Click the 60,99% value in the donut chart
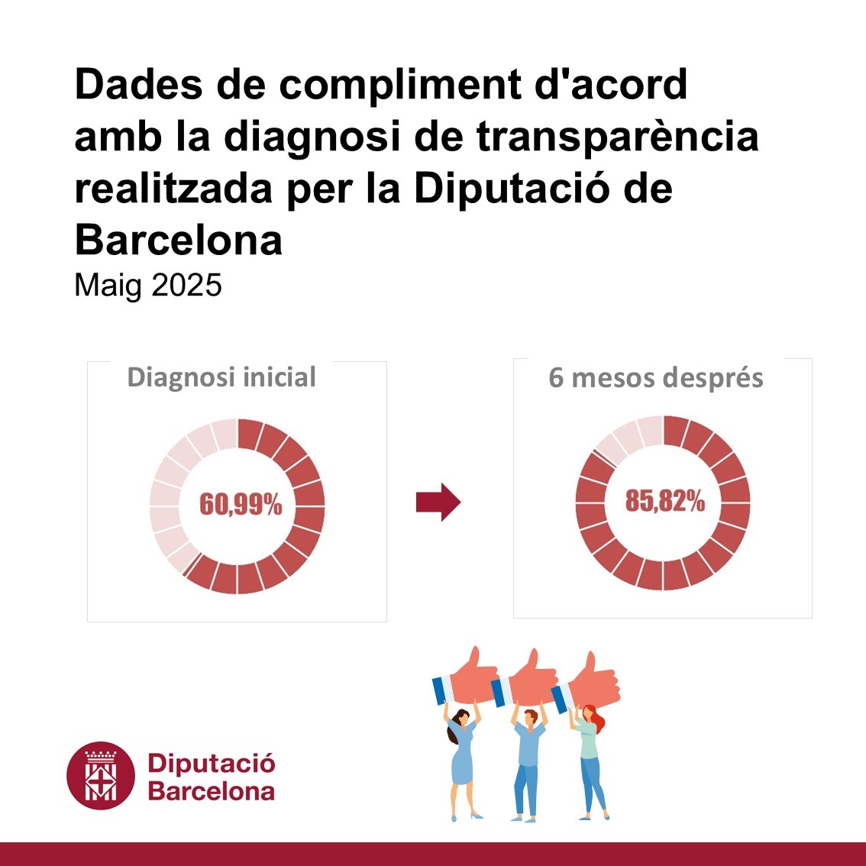point(241,505)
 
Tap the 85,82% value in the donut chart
point(664,501)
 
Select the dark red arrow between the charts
point(438,502)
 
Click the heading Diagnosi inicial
point(221,377)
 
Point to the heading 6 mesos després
point(656,378)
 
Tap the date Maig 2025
point(148,286)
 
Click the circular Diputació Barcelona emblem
point(101,776)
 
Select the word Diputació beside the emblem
point(212,763)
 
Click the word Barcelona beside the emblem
point(212,790)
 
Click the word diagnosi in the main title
point(331,137)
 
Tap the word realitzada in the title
point(173,189)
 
